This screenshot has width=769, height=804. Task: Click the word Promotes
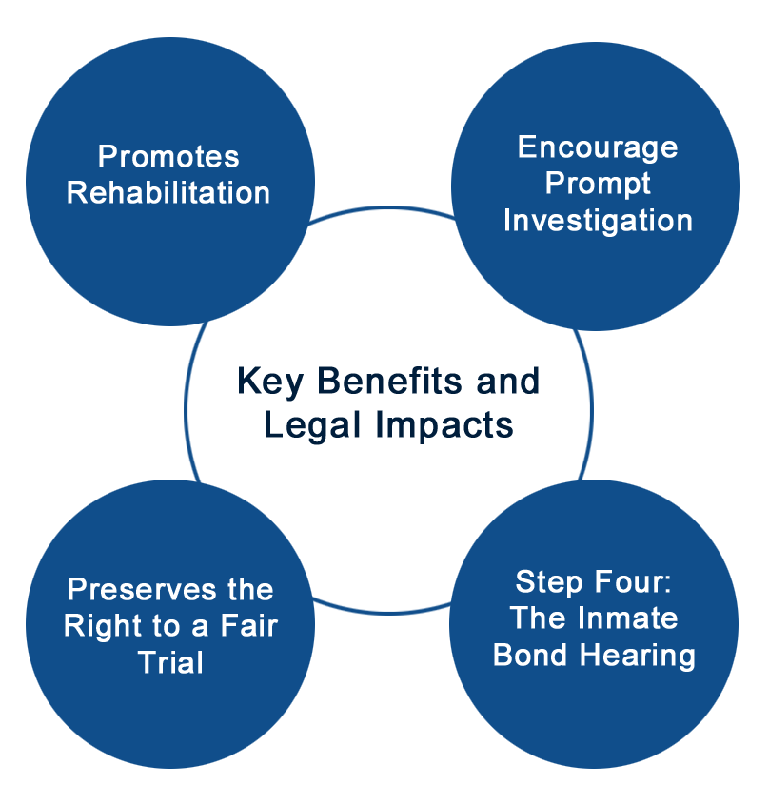click(x=168, y=156)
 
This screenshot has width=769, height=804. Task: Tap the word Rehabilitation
click(x=168, y=193)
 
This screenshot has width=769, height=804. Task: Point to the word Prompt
click(x=598, y=185)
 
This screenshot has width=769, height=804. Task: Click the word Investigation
click(x=599, y=221)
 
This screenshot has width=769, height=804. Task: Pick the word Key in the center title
click(x=270, y=382)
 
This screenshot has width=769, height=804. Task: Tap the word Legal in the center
click(x=312, y=426)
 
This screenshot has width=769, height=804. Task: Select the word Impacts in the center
click(x=444, y=426)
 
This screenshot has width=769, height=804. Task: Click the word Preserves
click(x=142, y=589)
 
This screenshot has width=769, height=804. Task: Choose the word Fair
click(x=248, y=625)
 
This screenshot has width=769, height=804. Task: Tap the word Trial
click(x=170, y=662)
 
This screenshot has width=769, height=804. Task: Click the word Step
click(x=549, y=583)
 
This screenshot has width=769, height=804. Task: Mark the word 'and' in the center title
click(x=508, y=381)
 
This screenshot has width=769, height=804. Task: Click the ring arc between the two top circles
click(x=383, y=207)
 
